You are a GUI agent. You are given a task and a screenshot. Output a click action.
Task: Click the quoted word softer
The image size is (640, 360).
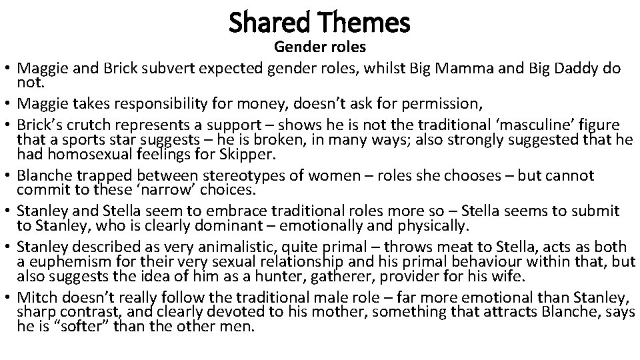click(x=66, y=327)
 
